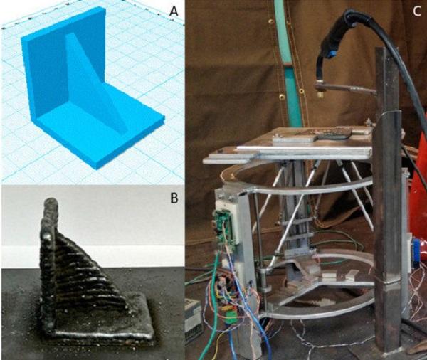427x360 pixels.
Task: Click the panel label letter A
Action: coord(173,11)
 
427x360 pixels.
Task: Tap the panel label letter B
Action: coord(174,198)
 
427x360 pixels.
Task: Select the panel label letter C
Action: coord(416,11)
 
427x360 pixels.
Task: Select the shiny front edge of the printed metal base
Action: coord(101,334)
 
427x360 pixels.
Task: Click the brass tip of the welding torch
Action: coord(320,94)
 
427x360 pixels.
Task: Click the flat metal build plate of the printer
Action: coord(289,144)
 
